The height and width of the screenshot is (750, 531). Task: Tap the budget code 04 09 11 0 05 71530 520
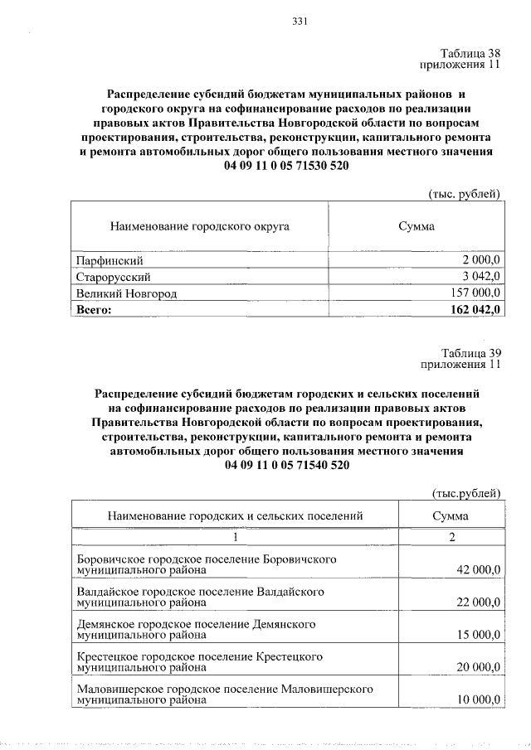[286, 166]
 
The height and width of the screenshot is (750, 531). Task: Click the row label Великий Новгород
[126, 293]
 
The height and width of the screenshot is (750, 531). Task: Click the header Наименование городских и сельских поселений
[236, 516]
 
